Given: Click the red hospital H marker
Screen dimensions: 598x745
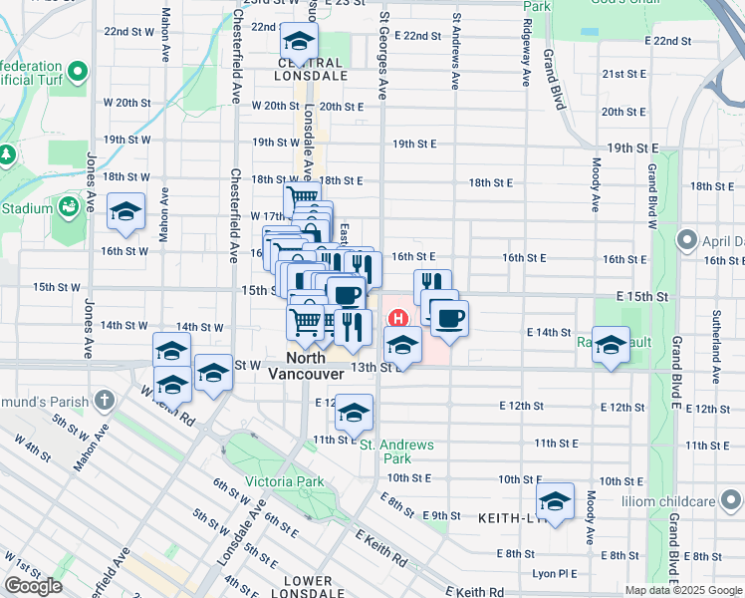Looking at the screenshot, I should (x=398, y=319).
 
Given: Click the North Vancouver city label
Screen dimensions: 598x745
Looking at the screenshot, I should (x=306, y=366).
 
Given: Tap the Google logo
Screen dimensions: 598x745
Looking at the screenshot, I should (x=33, y=586).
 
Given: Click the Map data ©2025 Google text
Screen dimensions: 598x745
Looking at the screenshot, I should (x=682, y=590).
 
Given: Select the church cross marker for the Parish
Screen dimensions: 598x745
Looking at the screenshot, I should (x=106, y=401).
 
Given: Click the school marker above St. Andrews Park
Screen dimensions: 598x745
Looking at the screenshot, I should (x=354, y=412).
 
